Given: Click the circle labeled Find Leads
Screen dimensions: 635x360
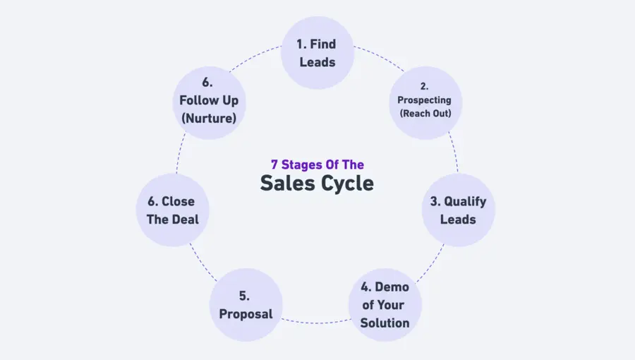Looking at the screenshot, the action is click(x=317, y=53).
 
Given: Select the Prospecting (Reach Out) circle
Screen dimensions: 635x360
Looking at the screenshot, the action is click(x=425, y=101).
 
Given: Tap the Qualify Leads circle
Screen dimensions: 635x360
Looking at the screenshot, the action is click(x=458, y=210).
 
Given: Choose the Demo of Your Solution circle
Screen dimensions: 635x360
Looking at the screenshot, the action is click(x=385, y=305).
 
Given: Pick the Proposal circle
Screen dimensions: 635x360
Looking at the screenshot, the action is click(x=246, y=304).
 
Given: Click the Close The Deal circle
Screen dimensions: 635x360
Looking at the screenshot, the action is click(x=172, y=210).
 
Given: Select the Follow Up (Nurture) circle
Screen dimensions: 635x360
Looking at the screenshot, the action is click(x=208, y=101).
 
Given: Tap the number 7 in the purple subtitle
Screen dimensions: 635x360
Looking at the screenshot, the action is click(x=274, y=164).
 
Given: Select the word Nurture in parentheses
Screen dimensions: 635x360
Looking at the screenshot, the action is click(x=208, y=118).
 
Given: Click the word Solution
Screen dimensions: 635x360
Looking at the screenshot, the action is click(x=385, y=323).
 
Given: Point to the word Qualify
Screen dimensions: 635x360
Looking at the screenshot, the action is click(x=465, y=202).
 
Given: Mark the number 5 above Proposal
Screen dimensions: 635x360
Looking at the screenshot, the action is click(x=246, y=296).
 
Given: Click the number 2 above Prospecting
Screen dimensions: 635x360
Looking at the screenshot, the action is click(x=425, y=86).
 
